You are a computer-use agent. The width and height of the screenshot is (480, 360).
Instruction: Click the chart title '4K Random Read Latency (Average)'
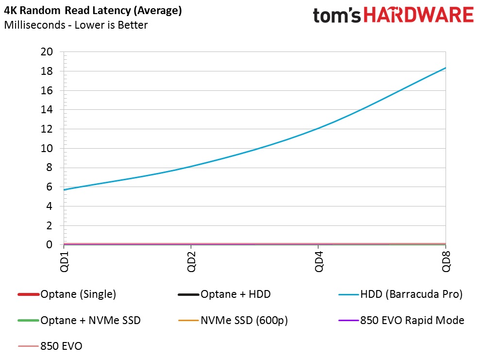pyautogui.click(x=93, y=11)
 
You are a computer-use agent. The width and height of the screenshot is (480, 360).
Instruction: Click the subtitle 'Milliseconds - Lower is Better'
pyautogui.click(x=76, y=25)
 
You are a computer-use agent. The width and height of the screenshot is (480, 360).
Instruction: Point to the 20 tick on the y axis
pyautogui.click(x=47, y=52)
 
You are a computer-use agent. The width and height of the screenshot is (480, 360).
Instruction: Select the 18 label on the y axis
pyautogui.click(x=47, y=71)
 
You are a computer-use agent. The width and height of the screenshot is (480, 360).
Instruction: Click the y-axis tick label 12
pyautogui.click(x=47, y=129)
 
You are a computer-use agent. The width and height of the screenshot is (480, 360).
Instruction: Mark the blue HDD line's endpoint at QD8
pyautogui.click(x=446, y=68)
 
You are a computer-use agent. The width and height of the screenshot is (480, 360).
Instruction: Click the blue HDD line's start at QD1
pyautogui.click(x=64, y=189)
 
